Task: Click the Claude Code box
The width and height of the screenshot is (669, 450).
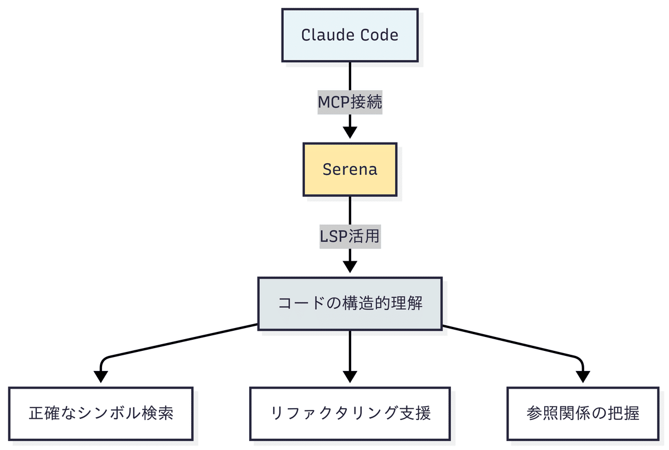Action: pos(350,35)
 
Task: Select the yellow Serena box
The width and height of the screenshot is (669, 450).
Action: pos(350,169)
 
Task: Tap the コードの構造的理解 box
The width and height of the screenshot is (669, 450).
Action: pos(350,304)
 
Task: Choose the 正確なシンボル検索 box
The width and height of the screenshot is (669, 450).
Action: pos(101,414)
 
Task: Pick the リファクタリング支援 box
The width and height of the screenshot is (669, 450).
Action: pos(350,414)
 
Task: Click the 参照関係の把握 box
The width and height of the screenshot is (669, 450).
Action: pos(583,414)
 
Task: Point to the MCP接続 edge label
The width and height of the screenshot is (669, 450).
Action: pos(350,102)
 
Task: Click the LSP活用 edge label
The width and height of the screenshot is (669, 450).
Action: pos(350,237)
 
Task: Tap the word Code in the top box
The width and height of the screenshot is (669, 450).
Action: pos(379,35)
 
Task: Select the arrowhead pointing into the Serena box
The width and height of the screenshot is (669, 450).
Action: pos(350,132)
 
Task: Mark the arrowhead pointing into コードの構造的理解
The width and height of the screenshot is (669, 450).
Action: pos(350,266)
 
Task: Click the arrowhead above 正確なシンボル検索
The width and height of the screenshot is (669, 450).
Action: pos(101,376)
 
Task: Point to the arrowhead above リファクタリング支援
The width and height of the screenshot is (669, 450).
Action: pos(350,376)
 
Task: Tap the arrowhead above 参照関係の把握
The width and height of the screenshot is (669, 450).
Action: pos(583,376)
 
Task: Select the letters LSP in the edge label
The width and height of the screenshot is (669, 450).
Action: pos(333,237)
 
